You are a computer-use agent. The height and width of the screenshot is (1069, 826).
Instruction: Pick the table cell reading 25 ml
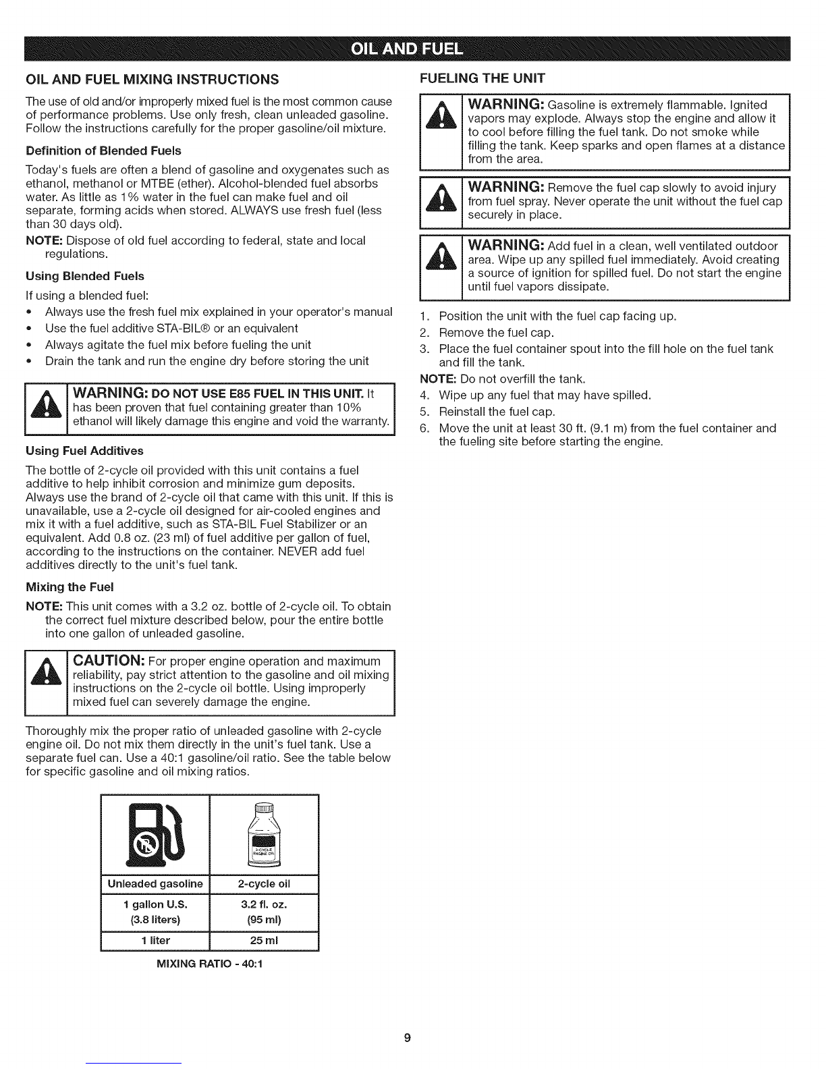pos(264,940)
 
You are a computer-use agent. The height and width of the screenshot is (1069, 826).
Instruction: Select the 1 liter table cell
pos(155,940)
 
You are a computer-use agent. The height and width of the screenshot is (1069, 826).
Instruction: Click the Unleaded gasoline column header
pos(155,883)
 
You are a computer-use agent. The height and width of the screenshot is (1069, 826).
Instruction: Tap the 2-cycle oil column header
pos(264,883)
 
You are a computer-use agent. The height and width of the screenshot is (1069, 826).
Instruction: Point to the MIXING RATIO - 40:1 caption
pos(209,964)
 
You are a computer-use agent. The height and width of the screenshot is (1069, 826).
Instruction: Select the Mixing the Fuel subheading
pos(70,585)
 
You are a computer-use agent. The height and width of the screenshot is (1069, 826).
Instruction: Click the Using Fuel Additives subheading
pos(84,450)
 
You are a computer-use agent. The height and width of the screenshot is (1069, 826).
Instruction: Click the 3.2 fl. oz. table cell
pos(264,904)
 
